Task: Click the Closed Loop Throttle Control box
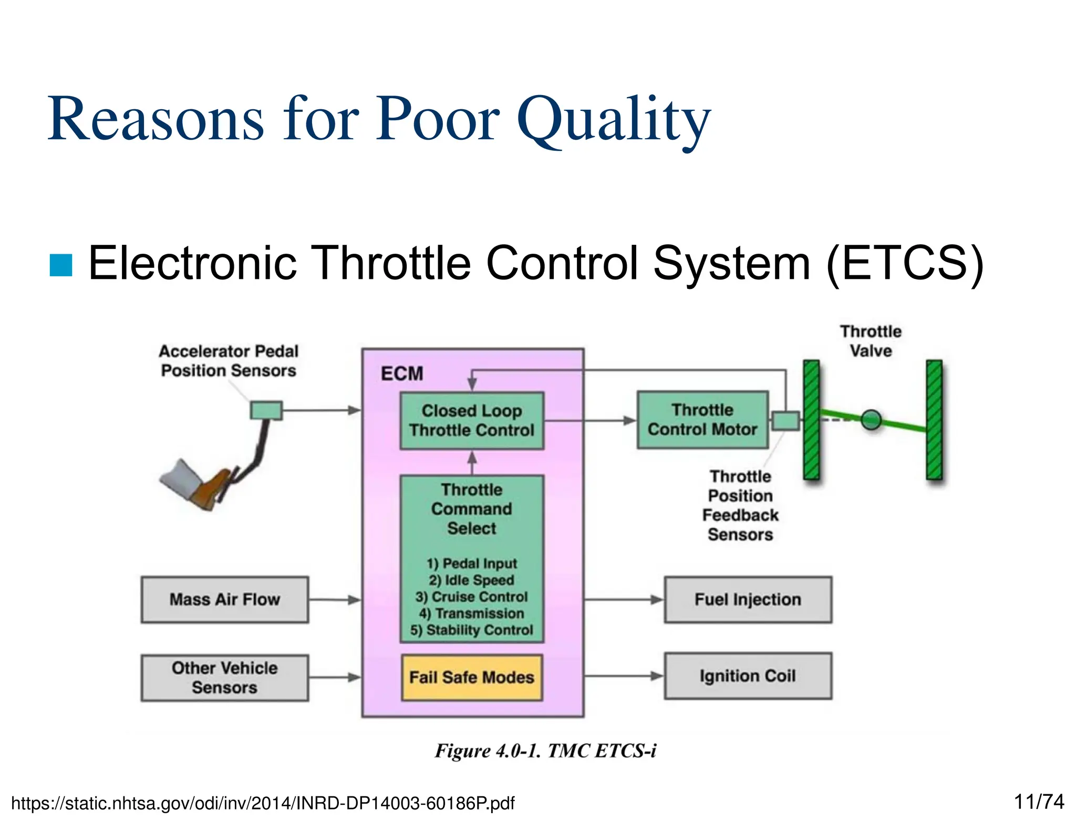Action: click(471, 420)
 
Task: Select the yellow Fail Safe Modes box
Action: click(471, 677)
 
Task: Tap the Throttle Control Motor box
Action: click(702, 420)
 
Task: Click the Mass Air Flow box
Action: click(224, 599)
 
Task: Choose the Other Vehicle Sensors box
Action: click(224, 677)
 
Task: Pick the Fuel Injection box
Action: click(747, 599)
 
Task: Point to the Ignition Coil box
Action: click(747, 676)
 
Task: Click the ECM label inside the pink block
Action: click(402, 373)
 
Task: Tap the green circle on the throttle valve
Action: click(871, 420)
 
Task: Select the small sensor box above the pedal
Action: click(266, 410)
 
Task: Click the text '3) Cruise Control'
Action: click(471, 597)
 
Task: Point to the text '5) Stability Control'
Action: click(471, 630)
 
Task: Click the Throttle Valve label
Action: click(871, 341)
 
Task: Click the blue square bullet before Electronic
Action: click(60, 265)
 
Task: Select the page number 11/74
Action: click(1038, 802)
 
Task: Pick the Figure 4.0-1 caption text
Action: click(545, 751)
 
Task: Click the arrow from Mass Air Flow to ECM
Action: click(335, 599)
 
